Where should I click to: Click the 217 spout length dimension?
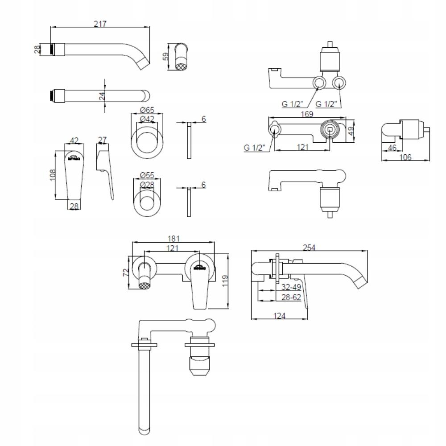pos(100,24)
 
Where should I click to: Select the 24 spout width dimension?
pos(102,95)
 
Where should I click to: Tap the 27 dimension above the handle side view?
pos(102,140)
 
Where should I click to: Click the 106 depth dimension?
pos(405,157)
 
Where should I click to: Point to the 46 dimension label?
pos(392,148)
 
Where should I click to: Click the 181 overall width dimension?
pos(173,239)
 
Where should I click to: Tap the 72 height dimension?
pos(127,272)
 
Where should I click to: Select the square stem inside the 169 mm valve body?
pos(330,129)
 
